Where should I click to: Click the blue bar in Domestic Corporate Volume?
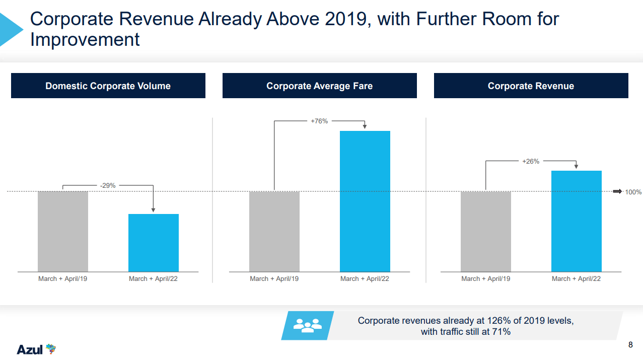tap(154, 243)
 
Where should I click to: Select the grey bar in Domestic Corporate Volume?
tap(63, 232)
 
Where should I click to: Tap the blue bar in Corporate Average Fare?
tap(365, 201)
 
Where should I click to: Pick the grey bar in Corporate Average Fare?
tap(274, 232)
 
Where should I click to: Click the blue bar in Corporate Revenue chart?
tap(577, 222)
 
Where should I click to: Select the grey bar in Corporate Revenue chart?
tap(486, 232)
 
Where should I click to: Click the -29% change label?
tap(108, 186)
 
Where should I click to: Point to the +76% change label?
tap(319, 121)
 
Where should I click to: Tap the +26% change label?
tap(531, 162)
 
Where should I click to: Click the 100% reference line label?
tap(633, 192)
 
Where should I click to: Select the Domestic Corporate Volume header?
tap(108, 86)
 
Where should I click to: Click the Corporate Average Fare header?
tap(320, 86)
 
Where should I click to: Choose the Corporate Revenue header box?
tap(531, 86)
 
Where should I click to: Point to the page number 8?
tap(630, 345)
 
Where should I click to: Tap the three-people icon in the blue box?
tap(307, 325)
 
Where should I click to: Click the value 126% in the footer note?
tap(496, 321)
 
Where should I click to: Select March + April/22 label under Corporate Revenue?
tap(576, 279)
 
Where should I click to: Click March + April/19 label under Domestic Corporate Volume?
tap(63, 279)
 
